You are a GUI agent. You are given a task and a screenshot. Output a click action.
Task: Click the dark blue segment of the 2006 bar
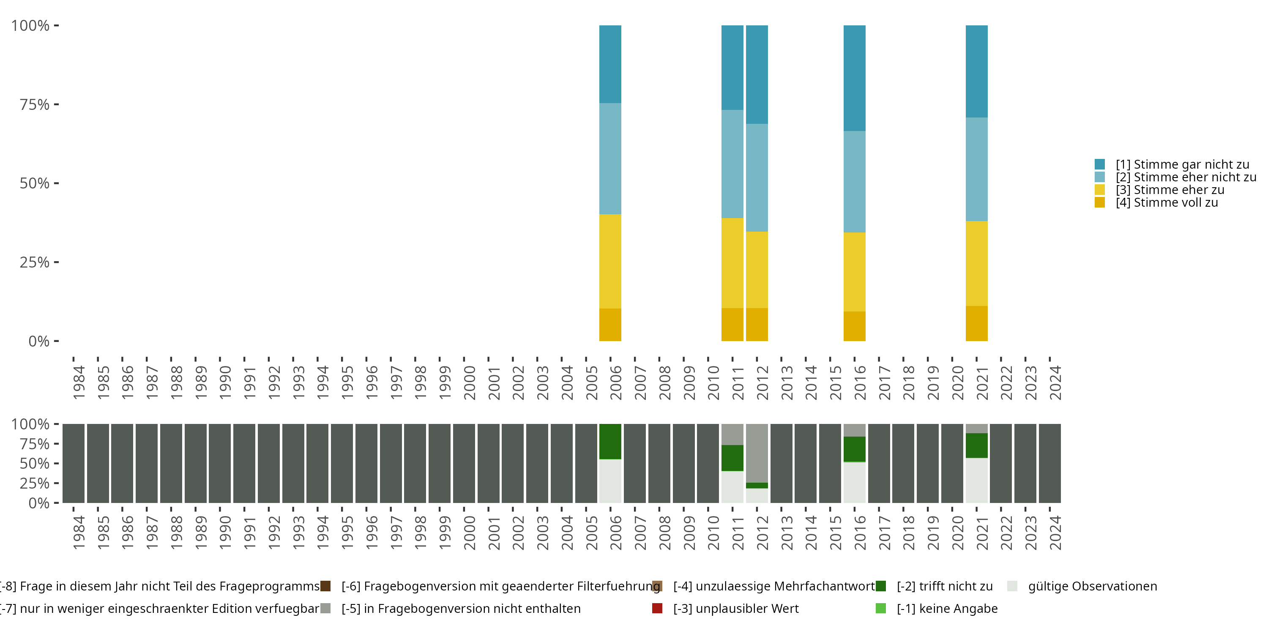(610, 64)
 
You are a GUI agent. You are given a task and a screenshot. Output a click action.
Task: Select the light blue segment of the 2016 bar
(854, 181)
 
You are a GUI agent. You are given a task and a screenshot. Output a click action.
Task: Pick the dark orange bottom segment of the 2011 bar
(732, 324)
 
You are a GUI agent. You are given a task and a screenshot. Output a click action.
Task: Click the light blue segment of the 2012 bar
(757, 177)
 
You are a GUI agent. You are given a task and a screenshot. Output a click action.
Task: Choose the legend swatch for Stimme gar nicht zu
(1100, 164)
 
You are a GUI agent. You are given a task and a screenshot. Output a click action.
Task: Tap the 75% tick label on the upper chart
(35, 105)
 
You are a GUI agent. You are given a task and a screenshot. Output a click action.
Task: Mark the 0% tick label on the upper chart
(39, 341)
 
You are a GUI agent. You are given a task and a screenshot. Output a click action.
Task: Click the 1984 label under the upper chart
(79, 383)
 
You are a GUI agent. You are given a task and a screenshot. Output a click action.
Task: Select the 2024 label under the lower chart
(1055, 533)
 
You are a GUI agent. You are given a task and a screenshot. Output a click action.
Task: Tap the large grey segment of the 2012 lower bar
(757, 453)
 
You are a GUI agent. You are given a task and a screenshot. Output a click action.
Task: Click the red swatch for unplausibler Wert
(657, 608)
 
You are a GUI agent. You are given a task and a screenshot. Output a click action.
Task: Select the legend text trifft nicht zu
(944, 586)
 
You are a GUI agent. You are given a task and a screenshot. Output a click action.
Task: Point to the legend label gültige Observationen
(1092, 586)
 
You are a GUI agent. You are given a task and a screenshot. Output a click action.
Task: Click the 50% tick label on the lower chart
(35, 464)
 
